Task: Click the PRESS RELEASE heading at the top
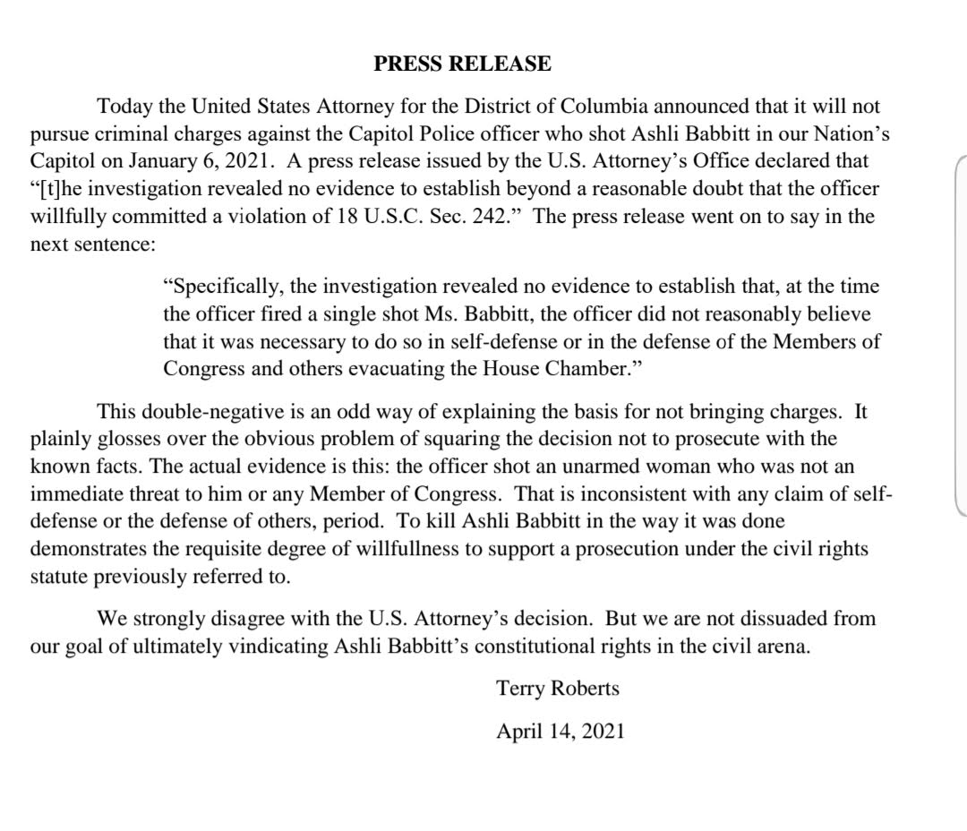pyautogui.click(x=461, y=64)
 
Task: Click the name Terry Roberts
pyautogui.click(x=558, y=689)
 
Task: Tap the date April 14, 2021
pyautogui.click(x=561, y=731)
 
